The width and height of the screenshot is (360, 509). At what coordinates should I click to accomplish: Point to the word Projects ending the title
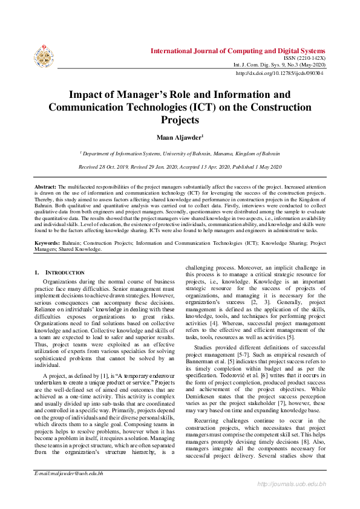click(x=179, y=120)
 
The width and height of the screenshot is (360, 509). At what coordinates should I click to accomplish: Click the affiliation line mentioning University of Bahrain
click(x=180, y=155)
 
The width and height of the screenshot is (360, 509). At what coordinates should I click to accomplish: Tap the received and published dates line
click(x=180, y=166)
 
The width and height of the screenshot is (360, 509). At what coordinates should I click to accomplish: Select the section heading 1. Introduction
click(x=60, y=273)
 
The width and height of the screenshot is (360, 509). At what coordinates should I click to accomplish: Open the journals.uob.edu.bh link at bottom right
click(x=292, y=501)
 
